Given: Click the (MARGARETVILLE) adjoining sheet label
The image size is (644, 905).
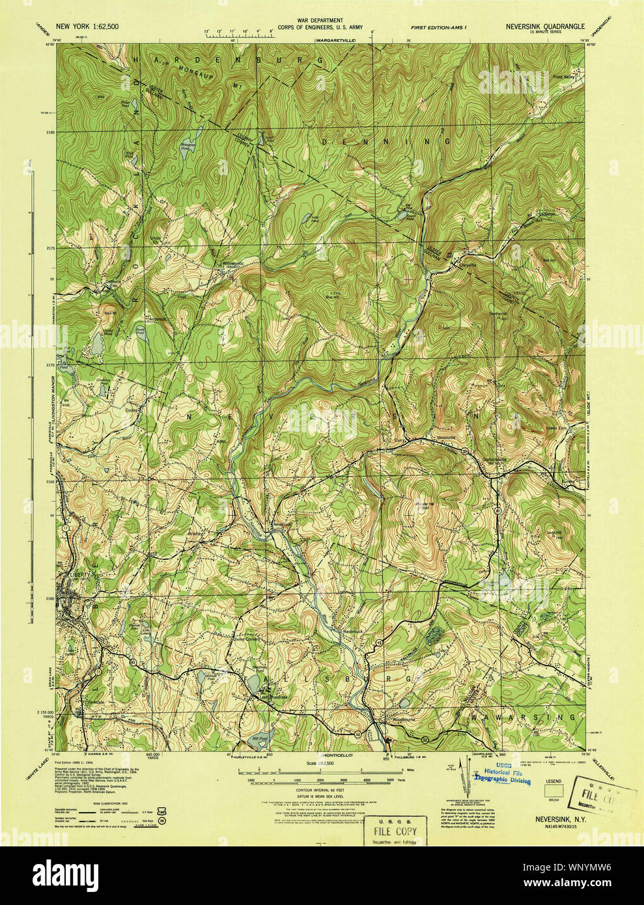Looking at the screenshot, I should pyautogui.click(x=337, y=40).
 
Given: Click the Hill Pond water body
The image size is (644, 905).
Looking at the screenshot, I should pyautogui.click(x=260, y=739).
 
